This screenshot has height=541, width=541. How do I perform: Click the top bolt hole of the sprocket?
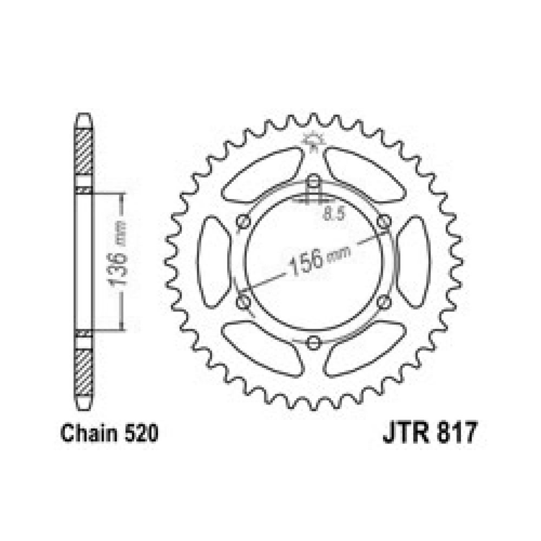pyautogui.click(x=313, y=181)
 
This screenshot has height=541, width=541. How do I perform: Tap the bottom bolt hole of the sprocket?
pyautogui.click(x=313, y=342)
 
